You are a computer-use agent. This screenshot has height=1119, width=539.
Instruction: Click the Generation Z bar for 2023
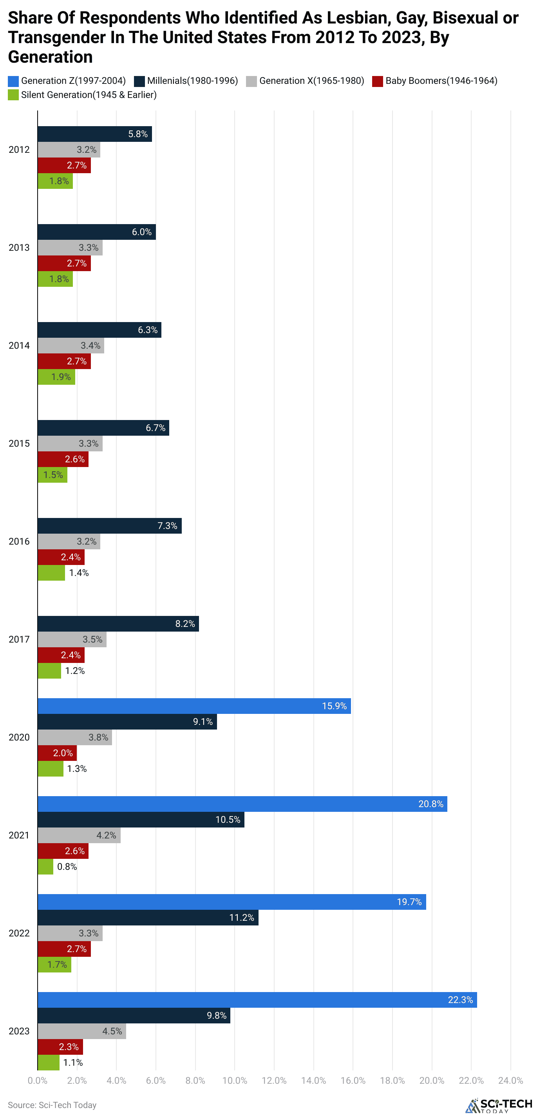point(257,999)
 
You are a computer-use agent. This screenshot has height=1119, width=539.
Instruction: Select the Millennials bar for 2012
point(95,134)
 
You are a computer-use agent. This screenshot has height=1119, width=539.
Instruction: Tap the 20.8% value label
point(430,804)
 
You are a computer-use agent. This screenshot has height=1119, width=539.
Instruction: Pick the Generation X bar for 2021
point(79,835)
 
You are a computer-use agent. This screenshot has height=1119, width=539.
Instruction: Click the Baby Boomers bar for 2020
point(57,753)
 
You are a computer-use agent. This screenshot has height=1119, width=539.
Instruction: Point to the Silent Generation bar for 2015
point(52,475)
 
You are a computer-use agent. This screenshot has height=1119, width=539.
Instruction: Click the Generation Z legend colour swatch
point(13,81)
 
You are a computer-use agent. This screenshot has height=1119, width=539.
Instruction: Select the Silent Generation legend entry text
point(89,95)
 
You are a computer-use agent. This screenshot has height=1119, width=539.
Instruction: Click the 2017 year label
point(19,639)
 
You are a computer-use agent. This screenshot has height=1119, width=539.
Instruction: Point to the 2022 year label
point(19,932)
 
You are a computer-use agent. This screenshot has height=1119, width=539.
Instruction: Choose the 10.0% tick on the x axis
point(235,1080)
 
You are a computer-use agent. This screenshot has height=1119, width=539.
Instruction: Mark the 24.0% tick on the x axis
point(510,1080)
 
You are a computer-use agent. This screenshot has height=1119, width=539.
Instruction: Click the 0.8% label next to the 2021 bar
point(67,866)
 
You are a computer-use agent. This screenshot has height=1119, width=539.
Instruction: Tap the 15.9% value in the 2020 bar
point(334,706)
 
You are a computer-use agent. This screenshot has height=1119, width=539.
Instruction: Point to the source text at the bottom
point(52,1105)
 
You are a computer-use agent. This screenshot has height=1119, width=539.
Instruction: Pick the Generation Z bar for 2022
point(232,902)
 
